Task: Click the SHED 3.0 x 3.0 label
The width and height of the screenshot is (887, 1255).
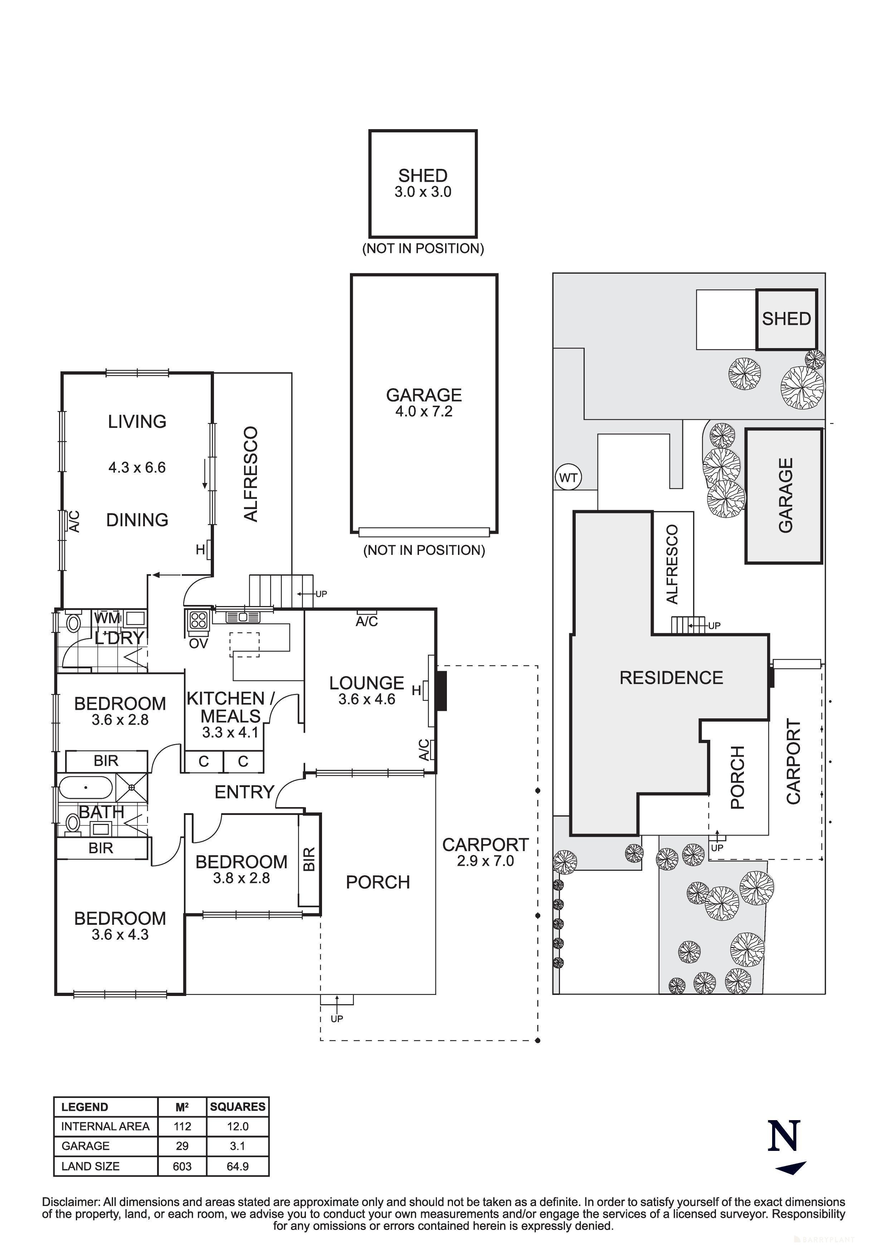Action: tap(423, 183)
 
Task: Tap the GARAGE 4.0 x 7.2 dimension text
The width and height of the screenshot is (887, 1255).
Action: tap(424, 411)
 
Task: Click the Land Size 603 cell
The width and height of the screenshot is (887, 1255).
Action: tap(182, 1166)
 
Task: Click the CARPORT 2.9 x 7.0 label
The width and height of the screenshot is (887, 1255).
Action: tap(485, 853)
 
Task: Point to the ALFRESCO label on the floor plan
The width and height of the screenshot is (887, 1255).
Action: tap(250, 474)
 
